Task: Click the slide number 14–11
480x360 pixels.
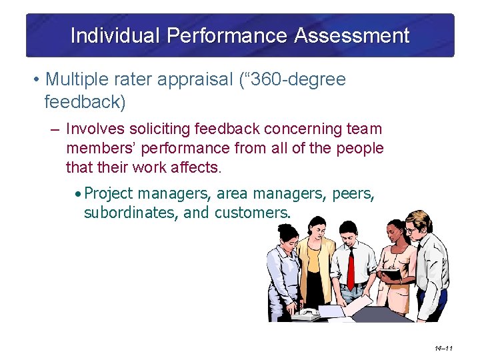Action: click(443, 348)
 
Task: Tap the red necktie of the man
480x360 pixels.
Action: click(351, 267)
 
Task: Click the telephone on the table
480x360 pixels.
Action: click(306, 313)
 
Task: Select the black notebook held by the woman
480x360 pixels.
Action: click(391, 274)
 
